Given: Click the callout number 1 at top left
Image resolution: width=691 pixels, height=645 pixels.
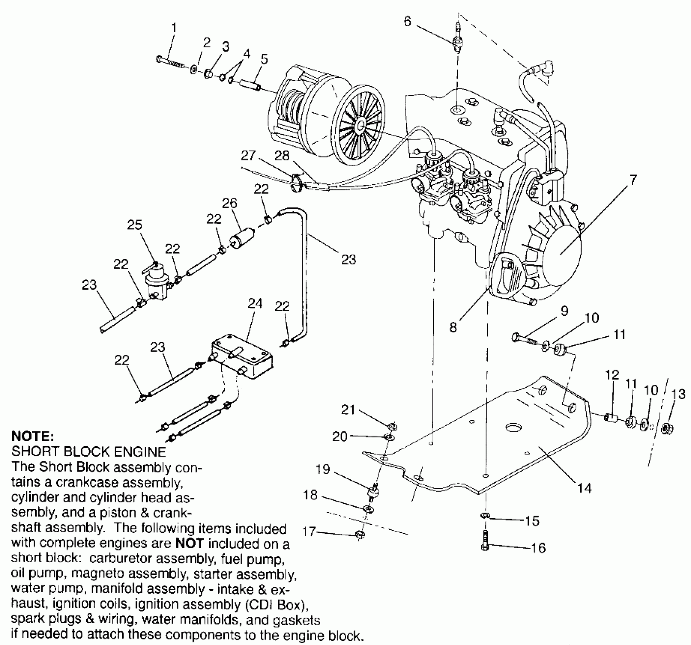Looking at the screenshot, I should (174, 28).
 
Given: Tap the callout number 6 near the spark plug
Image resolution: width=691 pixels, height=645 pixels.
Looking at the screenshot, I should (407, 22).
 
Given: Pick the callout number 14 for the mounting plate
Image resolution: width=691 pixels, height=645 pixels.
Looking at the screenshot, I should (584, 488).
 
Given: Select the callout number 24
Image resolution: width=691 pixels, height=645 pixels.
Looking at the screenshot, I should (255, 304).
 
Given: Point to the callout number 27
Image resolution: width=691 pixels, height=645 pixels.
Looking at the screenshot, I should (248, 156).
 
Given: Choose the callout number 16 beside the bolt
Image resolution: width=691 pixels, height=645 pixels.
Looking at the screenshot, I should (538, 548).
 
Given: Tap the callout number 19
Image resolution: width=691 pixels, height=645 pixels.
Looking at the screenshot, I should (323, 469).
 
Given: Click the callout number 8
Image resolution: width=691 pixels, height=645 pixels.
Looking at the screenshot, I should (453, 327).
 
